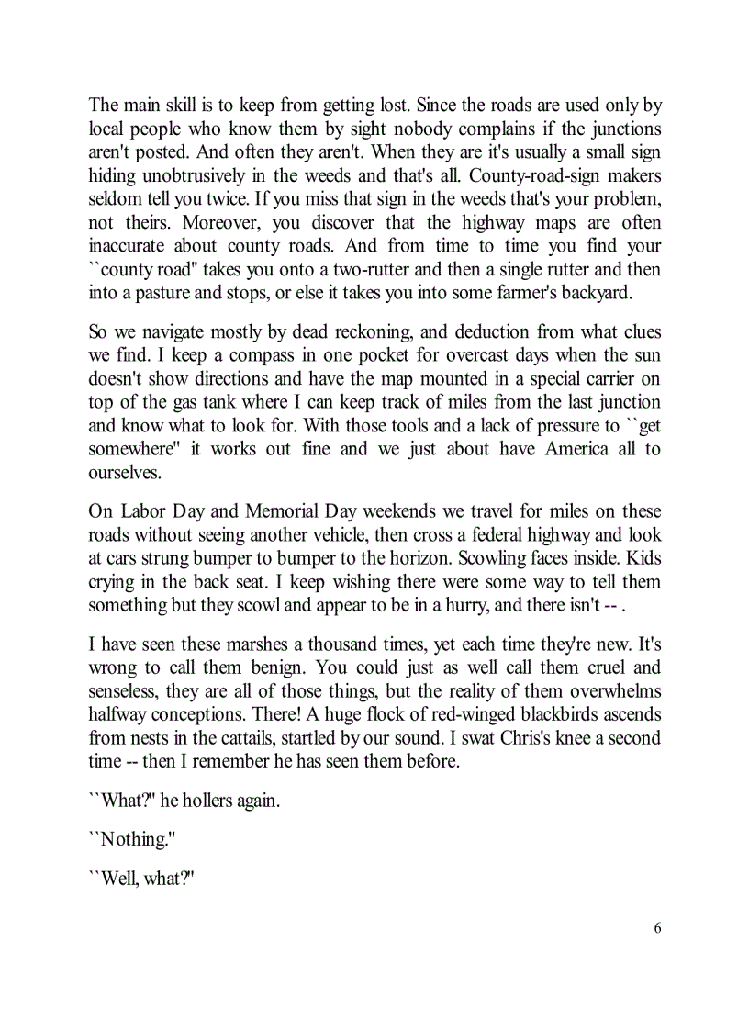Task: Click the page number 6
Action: tap(657, 927)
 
